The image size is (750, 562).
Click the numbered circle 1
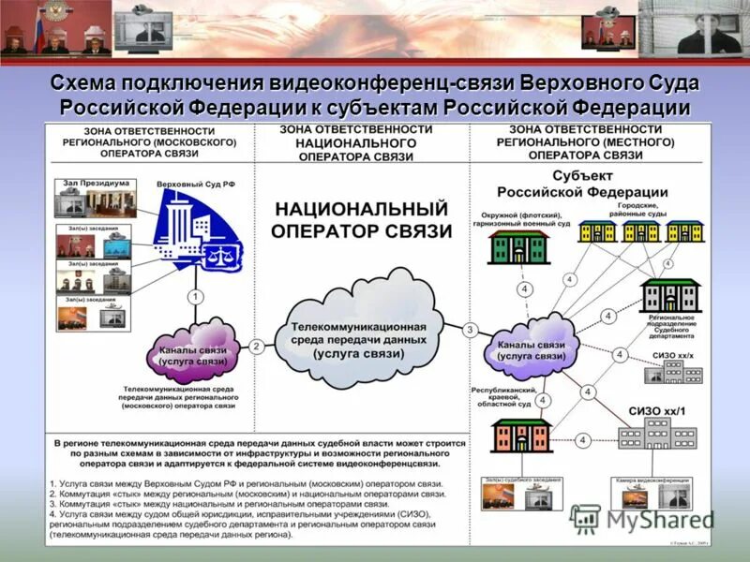[196, 296]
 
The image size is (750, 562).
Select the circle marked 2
[256, 346]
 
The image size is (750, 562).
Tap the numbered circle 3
[470, 330]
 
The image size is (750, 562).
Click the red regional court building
[521, 436]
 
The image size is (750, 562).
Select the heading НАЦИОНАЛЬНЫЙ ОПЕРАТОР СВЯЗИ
[360, 219]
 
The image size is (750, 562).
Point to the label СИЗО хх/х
[674, 357]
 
